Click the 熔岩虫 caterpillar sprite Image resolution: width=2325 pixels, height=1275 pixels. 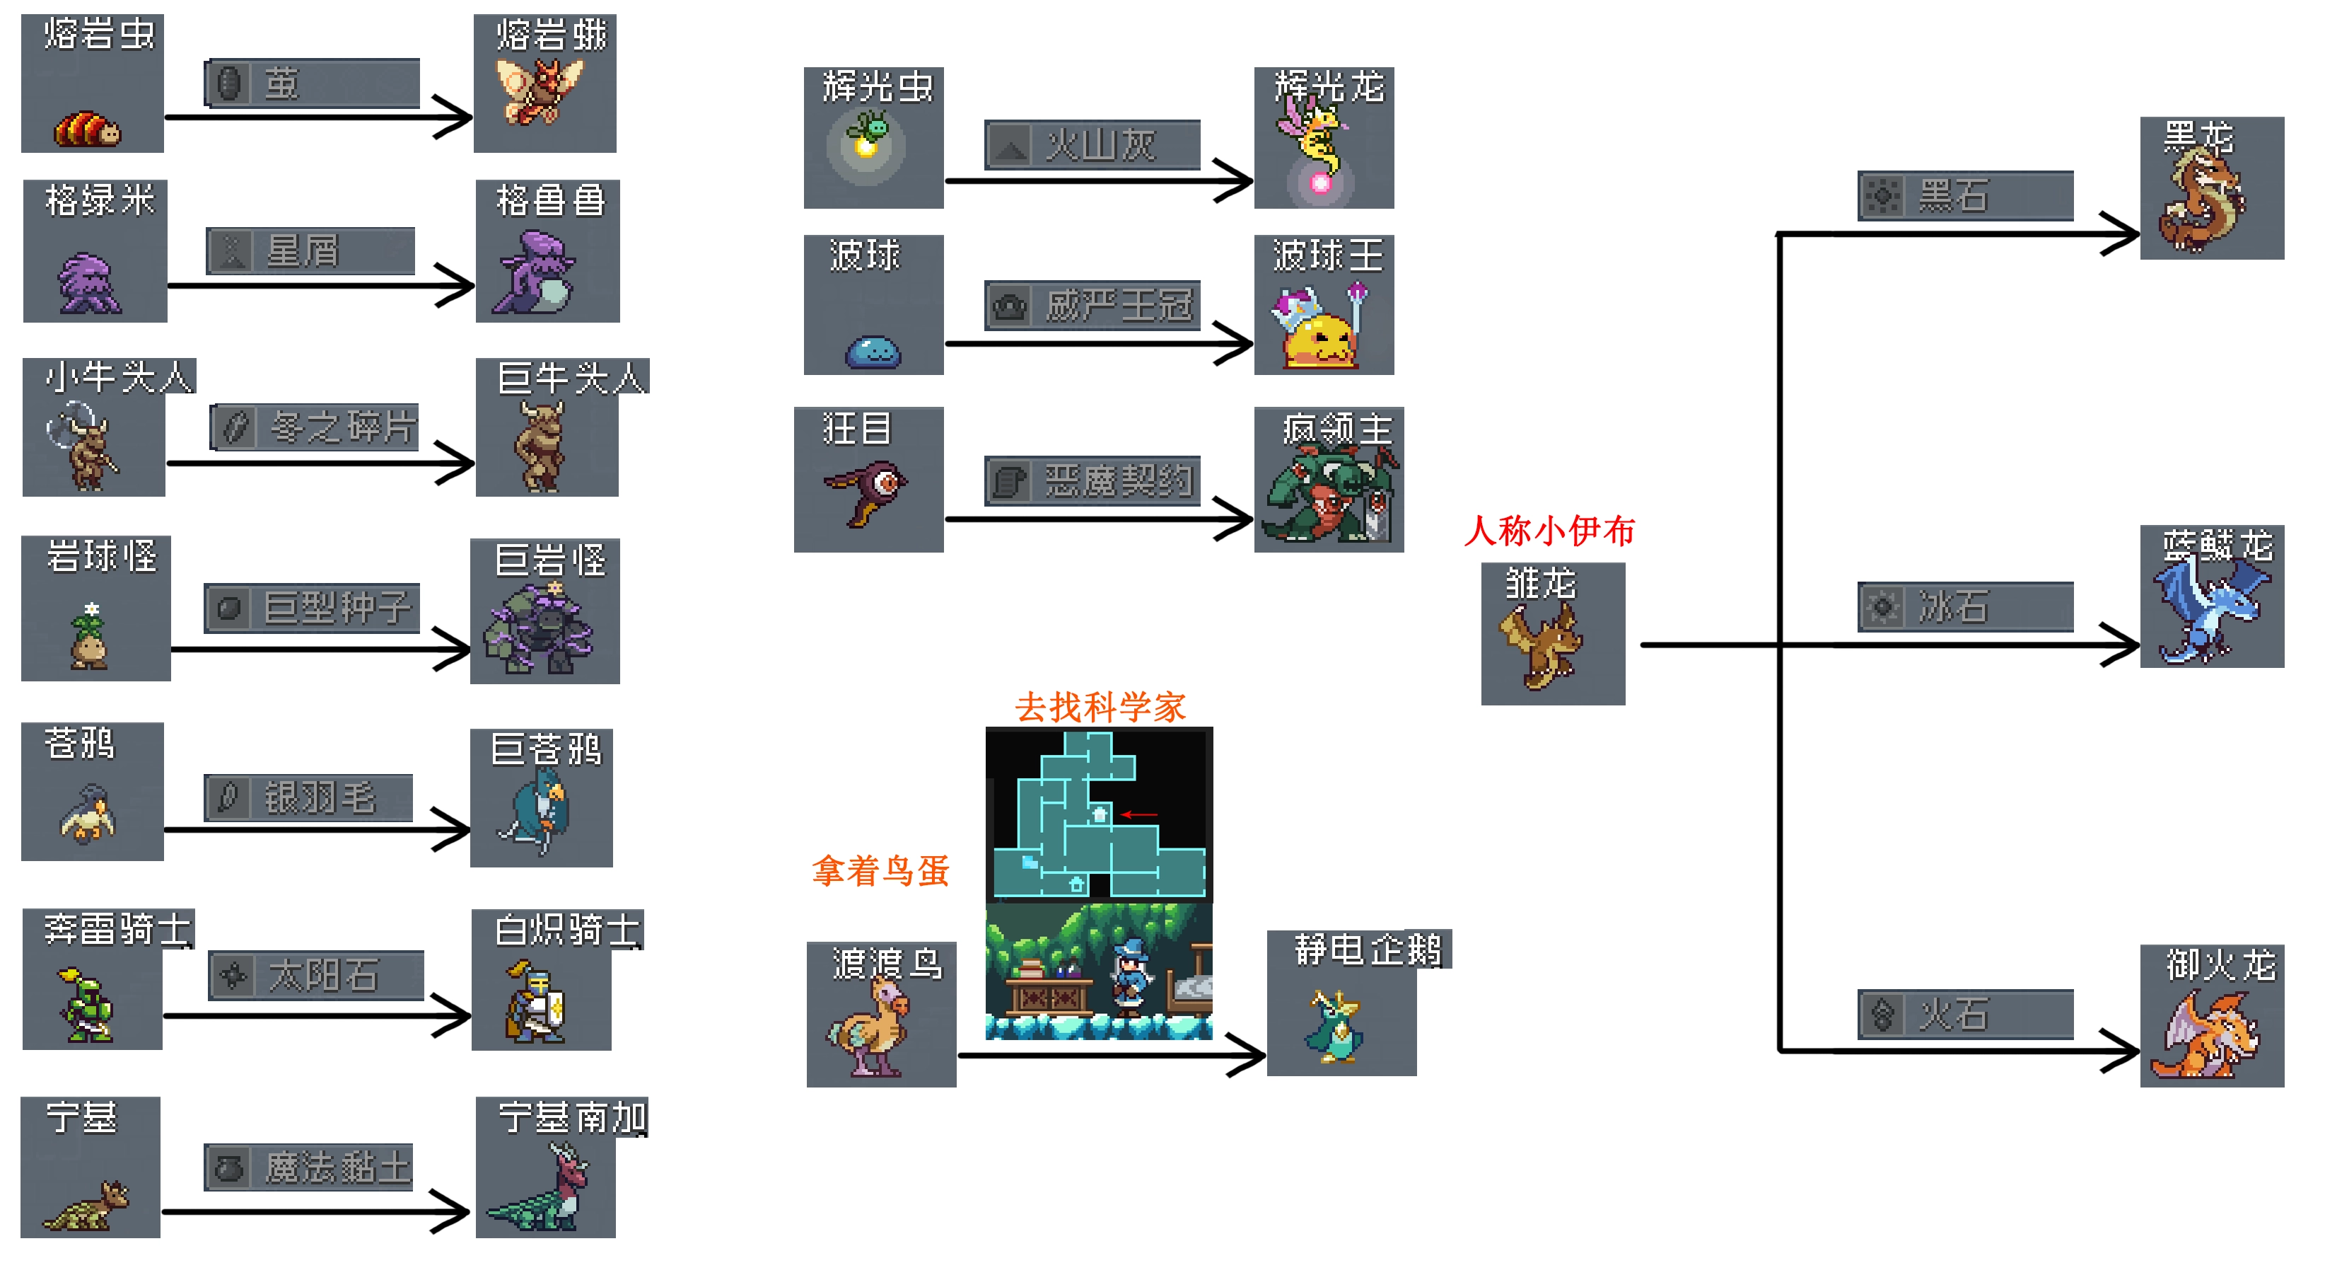tap(87, 128)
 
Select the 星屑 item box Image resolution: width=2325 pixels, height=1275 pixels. tap(310, 251)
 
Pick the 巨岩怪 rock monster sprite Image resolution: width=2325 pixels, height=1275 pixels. tap(540, 628)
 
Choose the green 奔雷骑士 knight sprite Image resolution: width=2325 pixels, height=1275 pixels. tap(87, 1007)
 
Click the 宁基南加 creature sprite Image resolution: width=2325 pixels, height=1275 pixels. tap(539, 1189)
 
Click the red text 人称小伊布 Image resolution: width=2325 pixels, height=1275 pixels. tap(1549, 531)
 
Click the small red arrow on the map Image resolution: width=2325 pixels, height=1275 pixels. tap(1139, 814)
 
